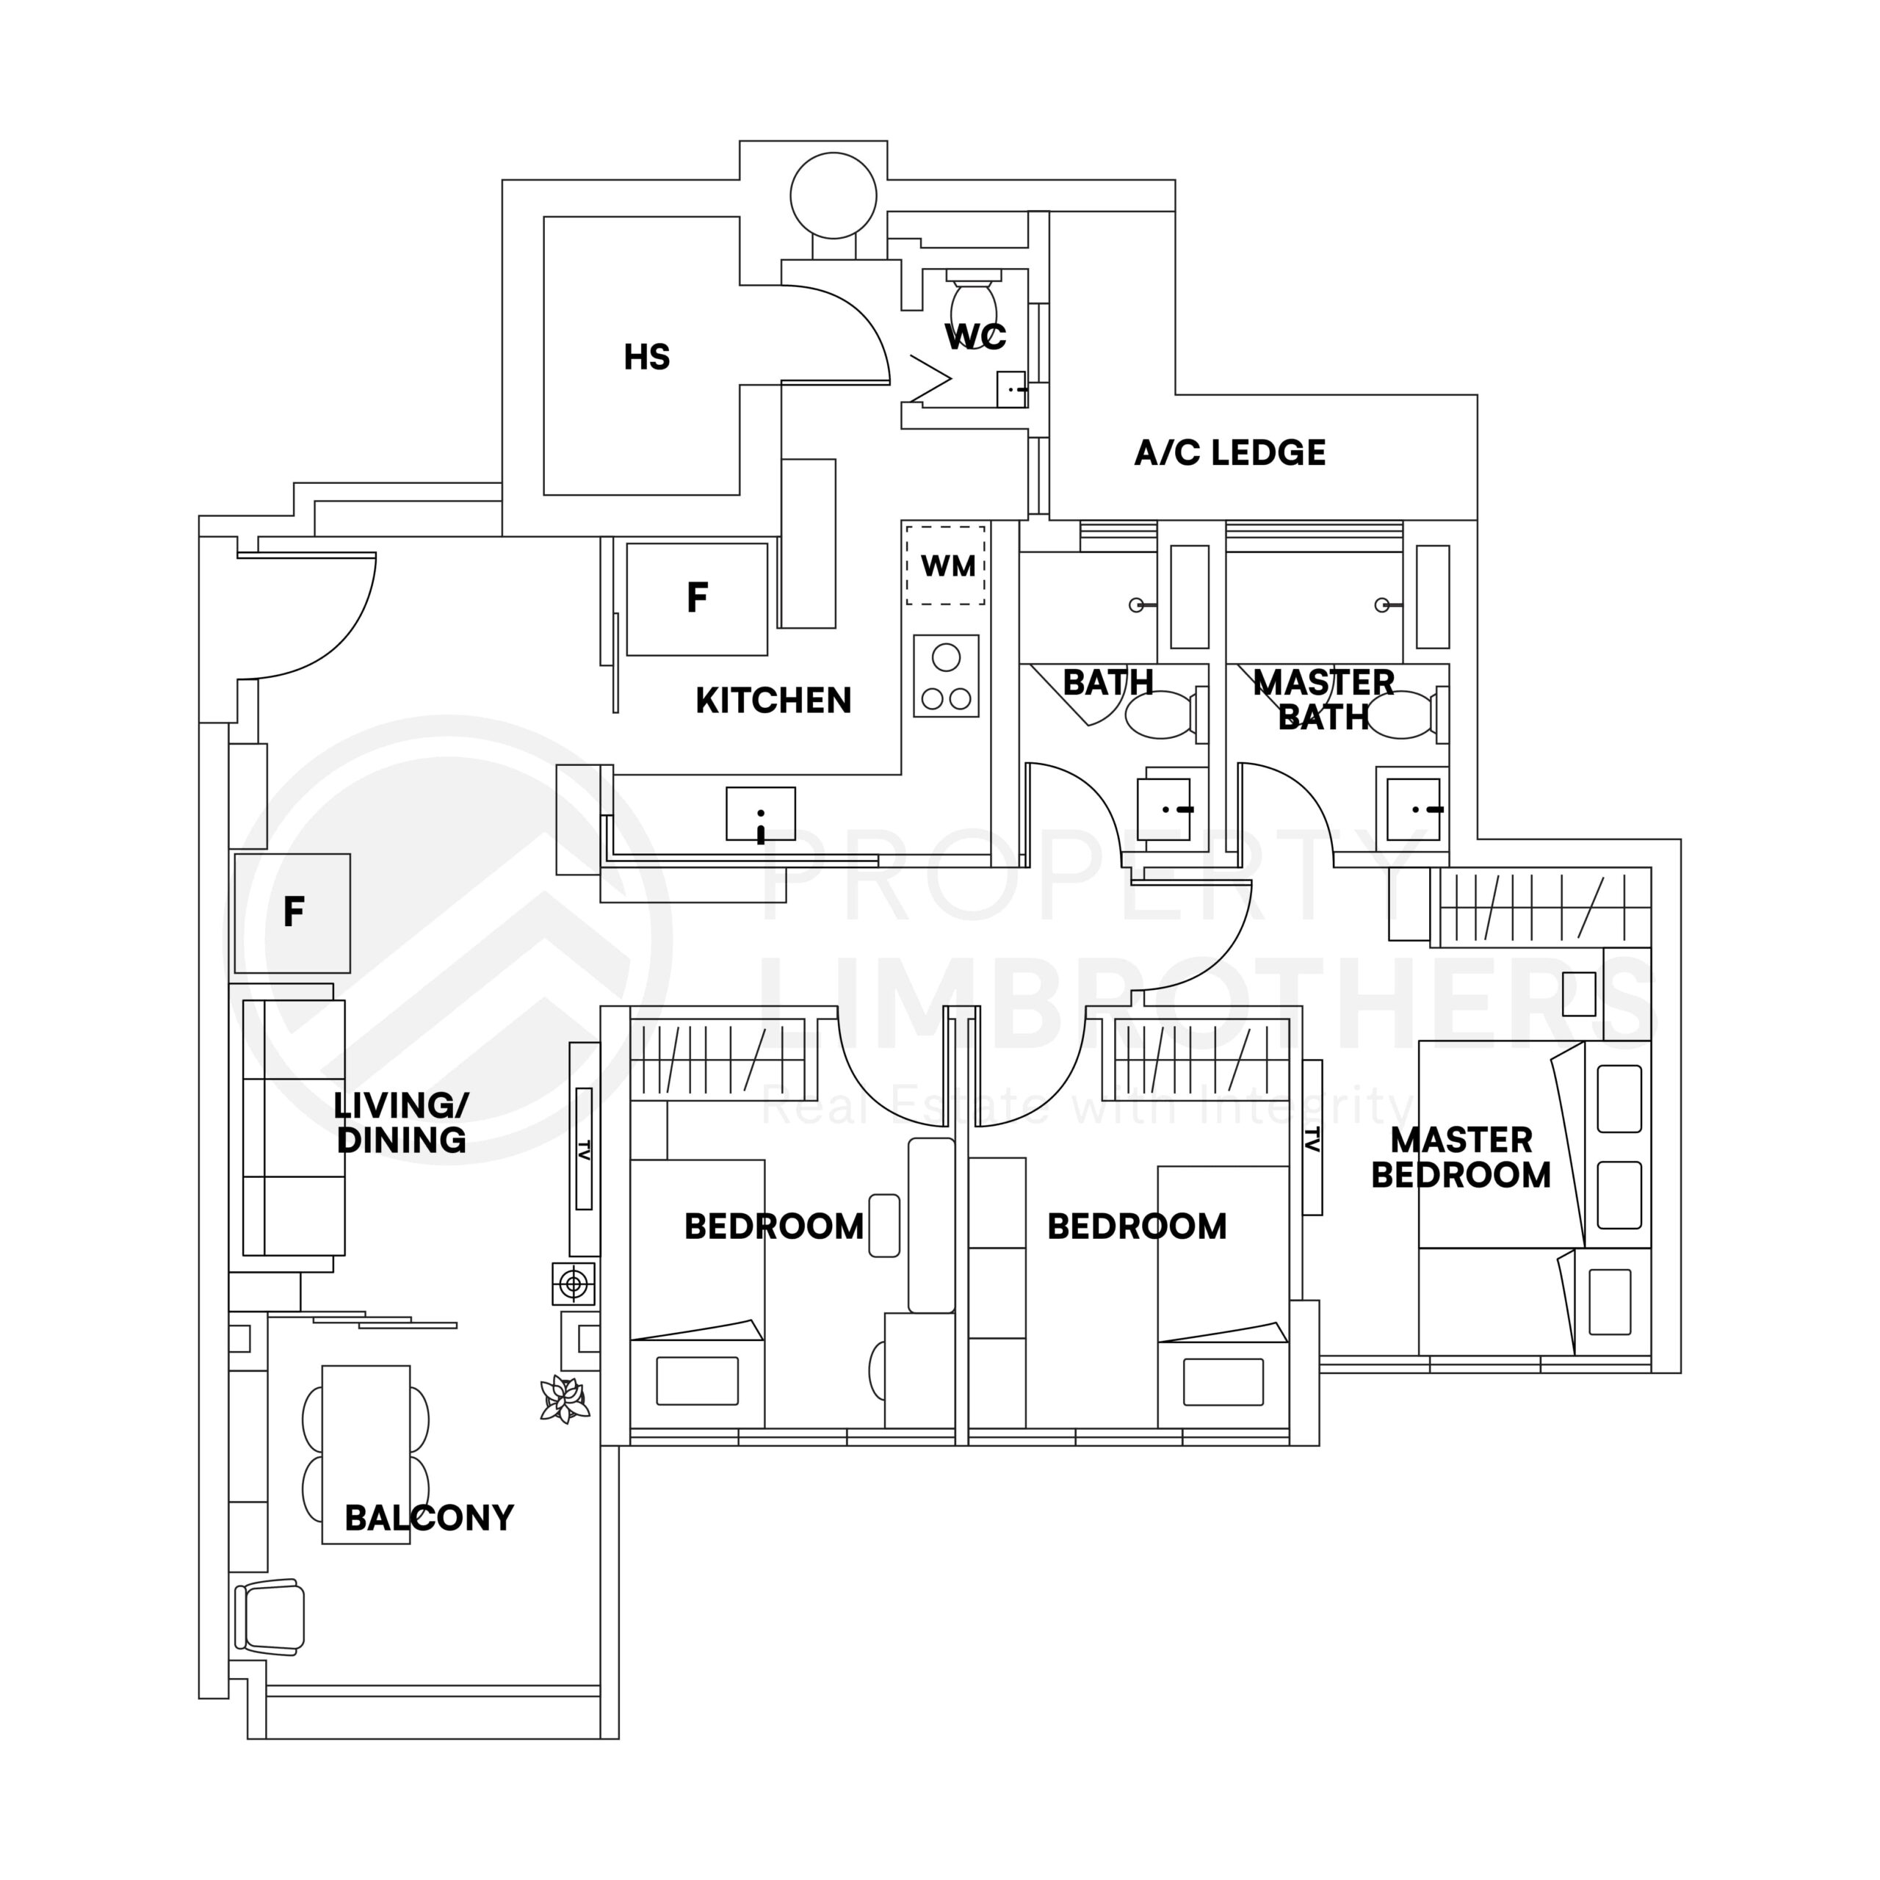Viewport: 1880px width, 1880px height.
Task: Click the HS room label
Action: (x=646, y=357)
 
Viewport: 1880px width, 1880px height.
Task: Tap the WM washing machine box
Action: (x=946, y=565)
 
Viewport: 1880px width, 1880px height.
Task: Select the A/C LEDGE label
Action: (x=1229, y=452)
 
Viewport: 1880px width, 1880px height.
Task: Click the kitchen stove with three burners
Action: (x=946, y=676)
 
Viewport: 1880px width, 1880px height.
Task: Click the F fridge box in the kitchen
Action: (x=697, y=599)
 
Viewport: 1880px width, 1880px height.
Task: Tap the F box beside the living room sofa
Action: (x=292, y=913)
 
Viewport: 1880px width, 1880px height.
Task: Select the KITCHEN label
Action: (x=773, y=701)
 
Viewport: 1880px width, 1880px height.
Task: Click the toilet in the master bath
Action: (x=1406, y=713)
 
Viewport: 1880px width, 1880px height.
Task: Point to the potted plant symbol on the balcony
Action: (x=565, y=1399)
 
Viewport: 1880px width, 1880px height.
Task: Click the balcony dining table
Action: (x=366, y=1454)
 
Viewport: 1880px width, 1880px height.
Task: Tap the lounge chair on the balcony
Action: (x=270, y=1616)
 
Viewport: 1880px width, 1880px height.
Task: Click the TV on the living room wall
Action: (x=584, y=1149)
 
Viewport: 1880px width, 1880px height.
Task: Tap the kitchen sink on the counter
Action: (x=760, y=814)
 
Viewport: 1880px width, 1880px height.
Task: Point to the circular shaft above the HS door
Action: (x=833, y=195)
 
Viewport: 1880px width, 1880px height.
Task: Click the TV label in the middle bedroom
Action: (x=1312, y=1138)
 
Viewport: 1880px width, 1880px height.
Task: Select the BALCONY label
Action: (x=429, y=1518)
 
